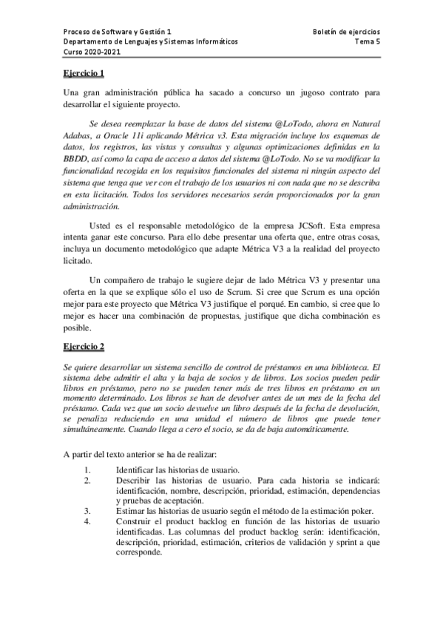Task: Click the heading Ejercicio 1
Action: click(x=84, y=73)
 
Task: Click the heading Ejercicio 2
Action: click(x=84, y=346)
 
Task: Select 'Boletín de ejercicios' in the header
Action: click(x=347, y=33)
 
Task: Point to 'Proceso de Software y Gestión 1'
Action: click(x=118, y=33)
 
